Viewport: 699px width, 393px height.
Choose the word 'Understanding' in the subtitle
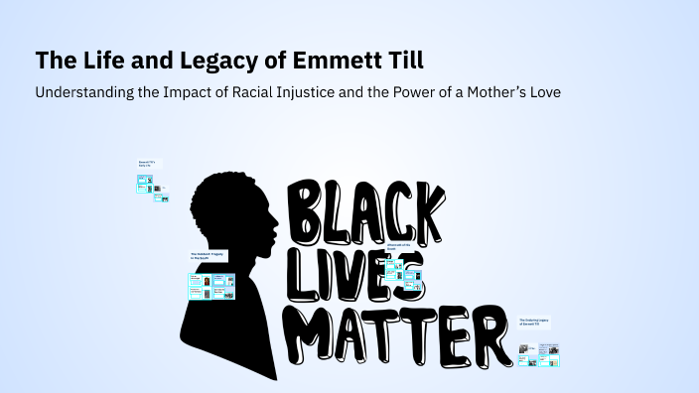(81, 92)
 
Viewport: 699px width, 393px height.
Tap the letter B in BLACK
(307, 211)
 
